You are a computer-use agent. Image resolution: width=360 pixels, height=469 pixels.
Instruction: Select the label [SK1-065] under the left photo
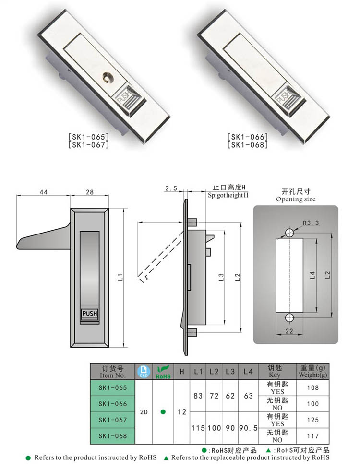(x=89, y=137)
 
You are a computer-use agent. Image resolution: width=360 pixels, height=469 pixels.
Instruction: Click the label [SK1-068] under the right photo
(x=248, y=144)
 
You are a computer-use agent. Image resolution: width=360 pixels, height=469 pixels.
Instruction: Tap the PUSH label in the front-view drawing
(x=89, y=314)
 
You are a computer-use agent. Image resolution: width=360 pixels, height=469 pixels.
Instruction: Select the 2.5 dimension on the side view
(x=171, y=188)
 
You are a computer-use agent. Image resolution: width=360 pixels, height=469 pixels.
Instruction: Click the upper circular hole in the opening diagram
(x=289, y=233)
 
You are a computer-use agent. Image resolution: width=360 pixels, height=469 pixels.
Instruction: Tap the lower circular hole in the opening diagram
(x=289, y=318)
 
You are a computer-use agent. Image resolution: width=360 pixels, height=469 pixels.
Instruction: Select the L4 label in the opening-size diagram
(x=312, y=275)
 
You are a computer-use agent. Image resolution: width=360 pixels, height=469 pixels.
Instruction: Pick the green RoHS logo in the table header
(x=163, y=372)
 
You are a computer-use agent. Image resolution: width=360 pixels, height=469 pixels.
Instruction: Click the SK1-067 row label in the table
(x=112, y=420)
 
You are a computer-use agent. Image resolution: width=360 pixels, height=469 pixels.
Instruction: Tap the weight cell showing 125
(x=312, y=420)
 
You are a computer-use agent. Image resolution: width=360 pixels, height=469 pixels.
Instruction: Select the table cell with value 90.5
(x=248, y=427)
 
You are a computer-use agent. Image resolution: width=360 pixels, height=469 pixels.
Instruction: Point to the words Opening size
(x=296, y=199)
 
